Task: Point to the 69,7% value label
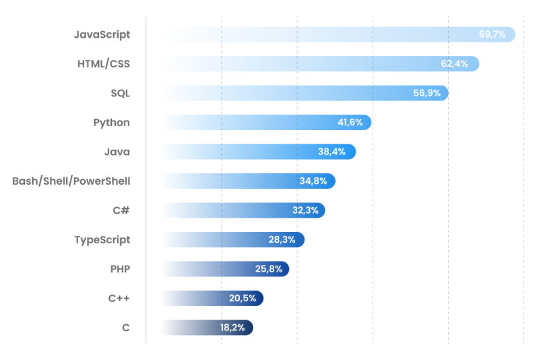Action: [493, 34]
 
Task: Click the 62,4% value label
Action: [455, 64]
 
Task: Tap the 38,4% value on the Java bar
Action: [331, 152]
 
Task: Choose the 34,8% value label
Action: [313, 181]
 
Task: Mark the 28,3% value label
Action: [282, 239]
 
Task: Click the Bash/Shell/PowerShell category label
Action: [71, 181]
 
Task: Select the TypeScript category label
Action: [102, 239]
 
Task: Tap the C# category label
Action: [121, 210]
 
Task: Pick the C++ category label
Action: [119, 298]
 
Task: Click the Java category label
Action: [117, 152]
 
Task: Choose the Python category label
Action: [111, 122]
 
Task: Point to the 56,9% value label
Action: [427, 93]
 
